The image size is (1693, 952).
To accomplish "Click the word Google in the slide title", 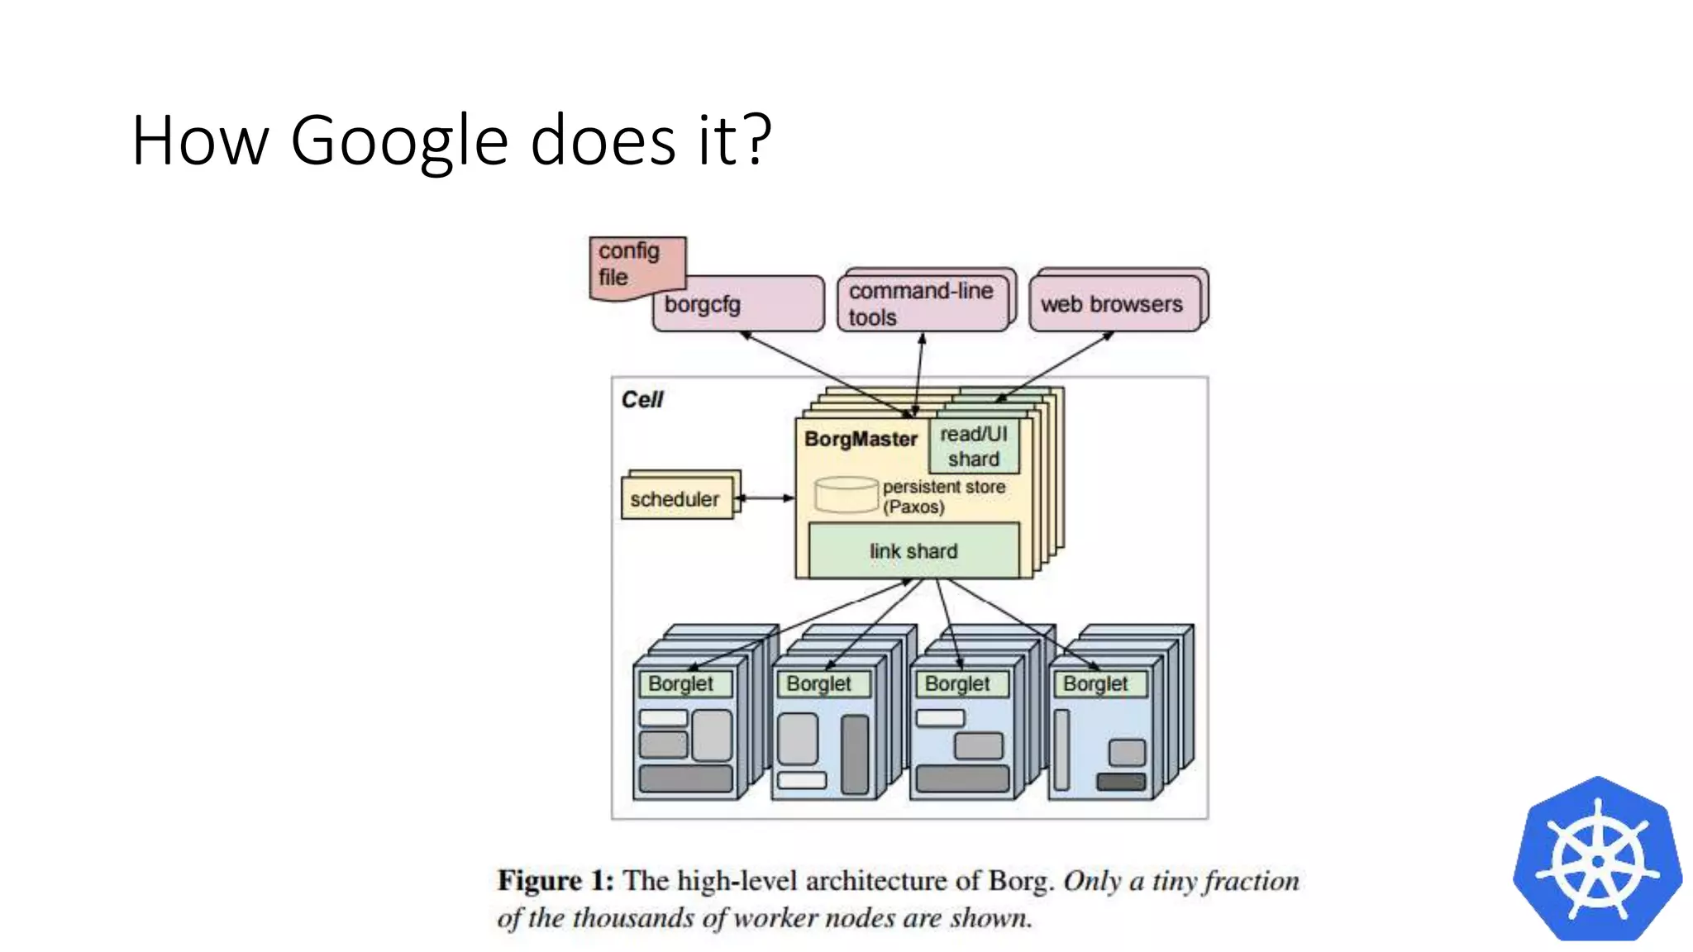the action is [398, 142].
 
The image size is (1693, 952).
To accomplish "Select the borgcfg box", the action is [738, 305].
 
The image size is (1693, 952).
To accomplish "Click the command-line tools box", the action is [923, 304].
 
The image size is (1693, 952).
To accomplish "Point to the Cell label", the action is [642, 400].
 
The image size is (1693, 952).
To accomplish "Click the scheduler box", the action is [676, 499].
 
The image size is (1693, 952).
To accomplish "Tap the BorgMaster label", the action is [861, 439].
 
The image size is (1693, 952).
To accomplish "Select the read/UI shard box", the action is [974, 446].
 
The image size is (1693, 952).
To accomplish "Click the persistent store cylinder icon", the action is [846, 494].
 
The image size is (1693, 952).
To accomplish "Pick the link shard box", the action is [913, 551].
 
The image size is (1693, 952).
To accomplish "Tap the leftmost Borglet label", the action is [681, 684].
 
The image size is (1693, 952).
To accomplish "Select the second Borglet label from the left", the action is [819, 684].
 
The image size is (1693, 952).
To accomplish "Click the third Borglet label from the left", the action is [957, 684].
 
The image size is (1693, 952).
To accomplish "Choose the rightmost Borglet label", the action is [1096, 684].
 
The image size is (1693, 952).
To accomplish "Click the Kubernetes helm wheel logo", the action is [1597, 860].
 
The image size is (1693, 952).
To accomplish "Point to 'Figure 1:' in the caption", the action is [555, 881].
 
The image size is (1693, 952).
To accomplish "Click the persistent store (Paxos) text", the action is [943, 497].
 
